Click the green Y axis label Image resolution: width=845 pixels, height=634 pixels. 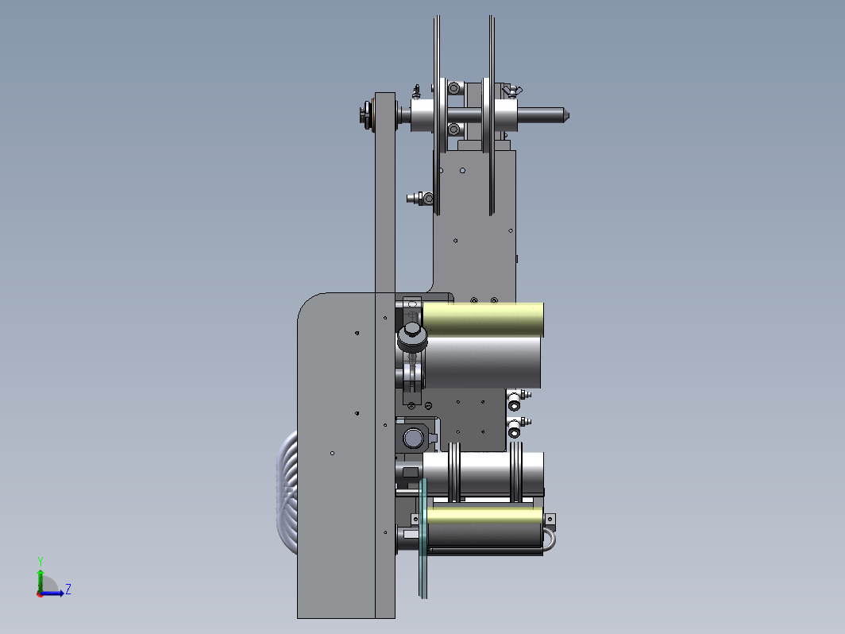click(x=41, y=562)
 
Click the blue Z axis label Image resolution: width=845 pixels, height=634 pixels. click(x=68, y=589)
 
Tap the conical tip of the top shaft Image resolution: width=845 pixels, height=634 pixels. click(x=566, y=115)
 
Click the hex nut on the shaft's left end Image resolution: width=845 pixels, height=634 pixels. click(x=365, y=115)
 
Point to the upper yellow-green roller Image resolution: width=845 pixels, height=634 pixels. click(x=483, y=319)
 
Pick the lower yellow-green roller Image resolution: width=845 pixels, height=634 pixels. click(x=484, y=516)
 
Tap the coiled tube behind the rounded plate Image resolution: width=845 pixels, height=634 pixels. click(x=287, y=493)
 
